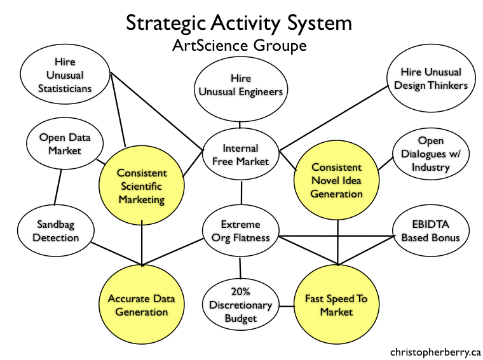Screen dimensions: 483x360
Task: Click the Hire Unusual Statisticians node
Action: tap(65, 74)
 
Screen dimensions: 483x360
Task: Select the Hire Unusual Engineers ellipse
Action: tap(241, 90)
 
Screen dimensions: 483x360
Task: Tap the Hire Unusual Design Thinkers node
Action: tap(431, 78)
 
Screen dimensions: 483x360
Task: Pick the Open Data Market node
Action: tap(65, 143)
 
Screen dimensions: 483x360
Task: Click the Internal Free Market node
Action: tap(241, 154)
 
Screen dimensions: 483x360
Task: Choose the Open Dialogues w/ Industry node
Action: tap(431, 154)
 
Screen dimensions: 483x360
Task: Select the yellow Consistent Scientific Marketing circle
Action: tap(142, 185)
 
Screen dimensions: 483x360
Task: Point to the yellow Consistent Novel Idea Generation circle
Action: tap(336, 180)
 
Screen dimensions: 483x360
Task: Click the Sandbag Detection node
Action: tap(56, 230)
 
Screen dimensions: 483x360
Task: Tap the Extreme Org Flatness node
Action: tap(241, 230)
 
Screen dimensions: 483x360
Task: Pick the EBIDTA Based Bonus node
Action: tap(431, 230)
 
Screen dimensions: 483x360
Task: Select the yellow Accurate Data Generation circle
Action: tap(142, 305)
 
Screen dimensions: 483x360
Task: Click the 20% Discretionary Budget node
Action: tap(241, 305)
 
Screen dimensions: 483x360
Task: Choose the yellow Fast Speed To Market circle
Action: tap(336, 305)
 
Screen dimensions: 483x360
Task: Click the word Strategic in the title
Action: tap(166, 23)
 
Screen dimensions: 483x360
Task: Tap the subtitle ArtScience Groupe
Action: tap(240, 46)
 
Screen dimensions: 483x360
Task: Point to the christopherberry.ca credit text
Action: tap(435, 352)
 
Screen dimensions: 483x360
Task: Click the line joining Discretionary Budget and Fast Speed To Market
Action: tap(287, 306)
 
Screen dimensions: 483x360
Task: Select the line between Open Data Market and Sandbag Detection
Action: tap(58, 187)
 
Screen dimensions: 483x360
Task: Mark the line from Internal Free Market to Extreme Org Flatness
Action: tap(241, 192)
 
